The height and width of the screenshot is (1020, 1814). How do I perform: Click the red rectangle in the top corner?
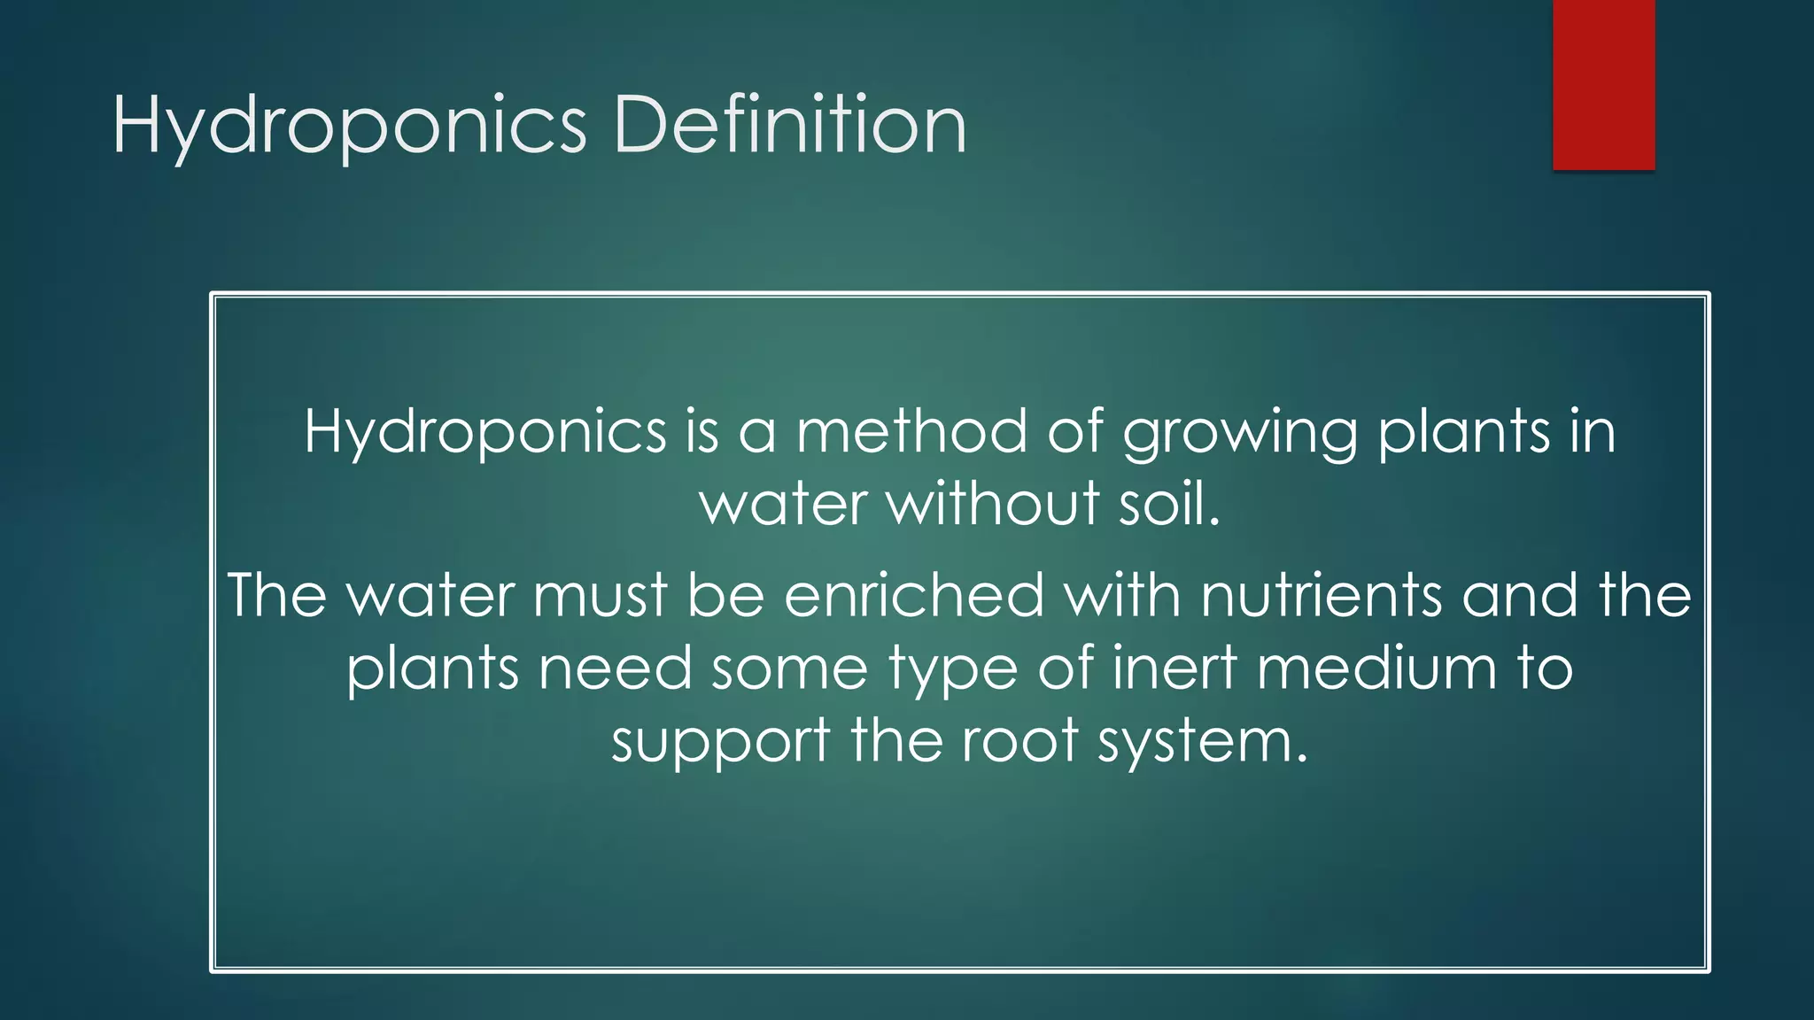1603,84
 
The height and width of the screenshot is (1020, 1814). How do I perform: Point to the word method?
911,431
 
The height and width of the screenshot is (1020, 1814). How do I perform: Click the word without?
993,504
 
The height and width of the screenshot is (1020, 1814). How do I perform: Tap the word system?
1203,742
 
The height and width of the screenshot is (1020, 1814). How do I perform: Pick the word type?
953,669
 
